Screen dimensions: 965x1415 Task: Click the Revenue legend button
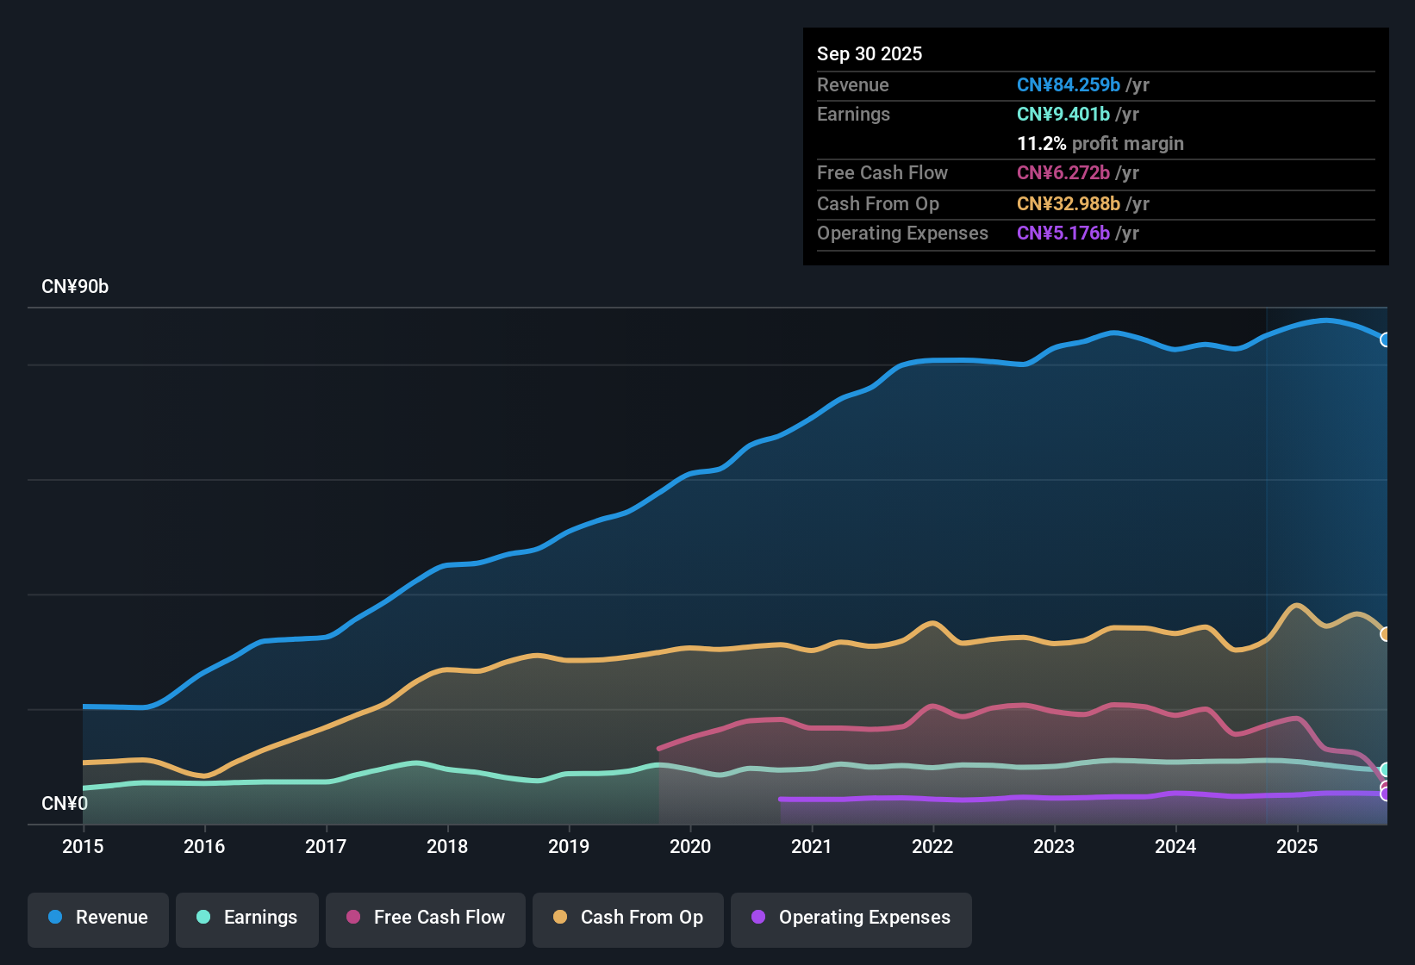click(98, 918)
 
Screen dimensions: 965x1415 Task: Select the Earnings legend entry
click(247, 918)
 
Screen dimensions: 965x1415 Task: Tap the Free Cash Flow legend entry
click(426, 918)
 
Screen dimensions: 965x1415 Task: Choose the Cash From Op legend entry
click(628, 918)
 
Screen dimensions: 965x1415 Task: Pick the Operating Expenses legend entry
click(851, 918)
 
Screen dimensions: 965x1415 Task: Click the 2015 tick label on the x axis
click(83, 846)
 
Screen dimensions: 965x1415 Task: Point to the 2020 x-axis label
click(690, 846)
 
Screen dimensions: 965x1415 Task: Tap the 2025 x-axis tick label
click(1297, 846)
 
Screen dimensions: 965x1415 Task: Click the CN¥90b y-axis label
click(75, 287)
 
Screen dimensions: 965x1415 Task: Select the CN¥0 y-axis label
click(65, 803)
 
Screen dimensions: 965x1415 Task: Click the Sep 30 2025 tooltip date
click(870, 53)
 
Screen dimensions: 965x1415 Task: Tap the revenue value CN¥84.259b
click(1069, 84)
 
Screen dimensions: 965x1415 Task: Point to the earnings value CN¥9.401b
click(1063, 114)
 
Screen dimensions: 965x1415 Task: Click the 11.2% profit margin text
click(1100, 143)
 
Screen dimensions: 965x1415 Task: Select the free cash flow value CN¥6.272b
click(1063, 172)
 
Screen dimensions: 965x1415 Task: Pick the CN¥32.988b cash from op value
click(1069, 203)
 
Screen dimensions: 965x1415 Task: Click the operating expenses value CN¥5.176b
click(1063, 233)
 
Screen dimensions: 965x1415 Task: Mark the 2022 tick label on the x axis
click(932, 846)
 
